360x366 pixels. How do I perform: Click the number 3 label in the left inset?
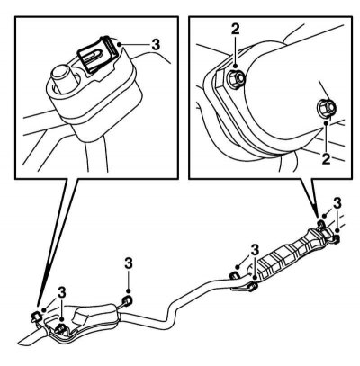click(156, 45)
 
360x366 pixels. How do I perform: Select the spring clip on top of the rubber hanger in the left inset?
click(97, 55)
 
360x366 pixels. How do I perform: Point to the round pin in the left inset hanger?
click(63, 78)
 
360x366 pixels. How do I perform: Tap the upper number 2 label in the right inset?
click(236, 30)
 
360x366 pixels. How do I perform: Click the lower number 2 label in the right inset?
click(326, 159)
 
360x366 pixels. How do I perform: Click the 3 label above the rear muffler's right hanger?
click(129, 263)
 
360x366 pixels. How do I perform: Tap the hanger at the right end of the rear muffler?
click(127, 300)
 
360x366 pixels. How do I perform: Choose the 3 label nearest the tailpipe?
click(62, 293)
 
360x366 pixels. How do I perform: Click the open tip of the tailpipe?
click(28, 339)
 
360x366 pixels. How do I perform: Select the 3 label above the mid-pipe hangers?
click(255, 249)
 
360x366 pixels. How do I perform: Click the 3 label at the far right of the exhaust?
click(337, 203)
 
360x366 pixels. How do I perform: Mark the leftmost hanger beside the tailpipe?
click(36, 316)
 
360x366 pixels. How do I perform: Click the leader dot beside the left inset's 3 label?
click(120, 44)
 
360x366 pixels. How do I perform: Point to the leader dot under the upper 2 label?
click(236, 66)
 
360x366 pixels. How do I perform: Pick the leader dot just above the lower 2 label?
click(326, 123)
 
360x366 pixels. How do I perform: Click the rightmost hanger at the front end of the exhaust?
click(336, 238)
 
